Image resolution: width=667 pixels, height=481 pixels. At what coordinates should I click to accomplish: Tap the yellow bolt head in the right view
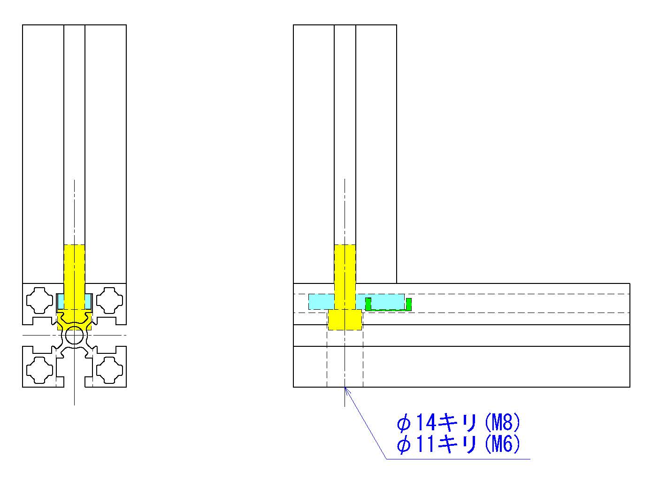(345, 320)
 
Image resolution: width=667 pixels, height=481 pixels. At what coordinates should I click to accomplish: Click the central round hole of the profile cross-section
(75, 336)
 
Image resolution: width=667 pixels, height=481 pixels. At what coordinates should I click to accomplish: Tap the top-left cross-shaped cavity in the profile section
(39, 300)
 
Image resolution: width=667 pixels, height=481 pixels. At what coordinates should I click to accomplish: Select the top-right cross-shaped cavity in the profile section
(109, 300)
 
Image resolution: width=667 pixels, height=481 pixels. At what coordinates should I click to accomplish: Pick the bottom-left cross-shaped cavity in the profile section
(39, 370)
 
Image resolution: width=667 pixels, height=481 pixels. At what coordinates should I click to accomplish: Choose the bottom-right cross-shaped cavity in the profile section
(109, 370)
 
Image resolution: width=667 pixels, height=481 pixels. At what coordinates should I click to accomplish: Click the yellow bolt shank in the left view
(75, 277)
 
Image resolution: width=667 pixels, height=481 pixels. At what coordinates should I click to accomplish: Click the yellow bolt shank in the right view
(345, 277)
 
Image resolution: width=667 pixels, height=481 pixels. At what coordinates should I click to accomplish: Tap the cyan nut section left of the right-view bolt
(321, 302)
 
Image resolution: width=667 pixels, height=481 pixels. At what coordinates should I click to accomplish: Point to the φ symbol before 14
(404, 423)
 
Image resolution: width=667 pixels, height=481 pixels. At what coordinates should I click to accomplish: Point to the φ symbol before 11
(404, 445)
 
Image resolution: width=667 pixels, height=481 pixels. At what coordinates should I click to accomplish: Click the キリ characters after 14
(458, 422)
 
